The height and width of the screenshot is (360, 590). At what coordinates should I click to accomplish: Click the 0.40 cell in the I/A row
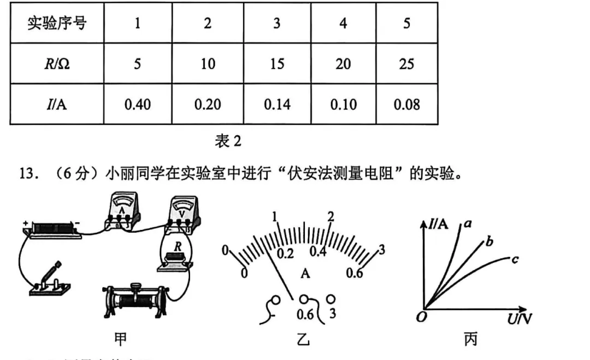pos(137,104)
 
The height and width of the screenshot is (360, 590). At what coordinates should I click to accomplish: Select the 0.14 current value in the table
pos(278,104)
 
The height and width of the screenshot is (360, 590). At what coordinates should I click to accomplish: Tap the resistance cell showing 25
pos(406,64)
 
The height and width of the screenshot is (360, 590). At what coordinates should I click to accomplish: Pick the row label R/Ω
pos(57,64)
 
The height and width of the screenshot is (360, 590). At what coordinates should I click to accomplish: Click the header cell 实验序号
pos(57,23)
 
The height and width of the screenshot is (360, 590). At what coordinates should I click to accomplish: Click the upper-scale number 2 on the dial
pos(330,216)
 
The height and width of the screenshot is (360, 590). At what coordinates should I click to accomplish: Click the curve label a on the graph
pos(468,223)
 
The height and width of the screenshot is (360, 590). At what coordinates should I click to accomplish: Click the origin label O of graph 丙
pos(421,317)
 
